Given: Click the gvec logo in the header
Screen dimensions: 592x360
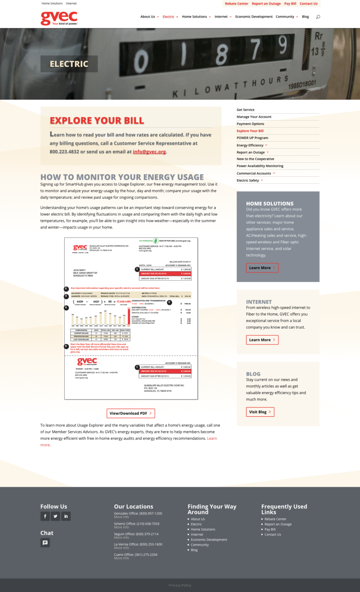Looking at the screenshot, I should [x=59, y=18].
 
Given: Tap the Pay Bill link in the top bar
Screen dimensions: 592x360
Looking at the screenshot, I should [x=290, y=4].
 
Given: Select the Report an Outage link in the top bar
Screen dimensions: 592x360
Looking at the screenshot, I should [x=266, y=4].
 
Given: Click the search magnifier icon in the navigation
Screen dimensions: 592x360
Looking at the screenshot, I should [x=318, y=17].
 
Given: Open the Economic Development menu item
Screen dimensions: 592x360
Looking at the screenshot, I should [x=254, y=17].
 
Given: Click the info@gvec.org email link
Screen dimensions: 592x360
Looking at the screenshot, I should [x=149, y=152].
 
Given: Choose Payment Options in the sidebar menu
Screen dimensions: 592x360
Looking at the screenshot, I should [x=250, y=124].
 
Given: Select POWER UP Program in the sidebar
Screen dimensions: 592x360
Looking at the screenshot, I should [x=252, y=138].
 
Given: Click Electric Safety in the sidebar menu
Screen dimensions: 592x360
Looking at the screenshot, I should [x=248, y=180].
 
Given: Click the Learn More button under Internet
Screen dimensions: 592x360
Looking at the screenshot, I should [x=262, y=340].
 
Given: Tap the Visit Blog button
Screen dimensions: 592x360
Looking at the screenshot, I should [x=260, y=412].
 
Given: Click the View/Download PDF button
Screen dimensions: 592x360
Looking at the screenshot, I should [x=131, y=413].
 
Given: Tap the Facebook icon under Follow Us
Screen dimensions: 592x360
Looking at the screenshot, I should [x=45, y=516].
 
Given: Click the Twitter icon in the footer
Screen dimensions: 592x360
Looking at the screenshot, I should [x=55, y=516].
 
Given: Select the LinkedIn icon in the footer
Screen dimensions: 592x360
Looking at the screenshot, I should [x=66, y=516].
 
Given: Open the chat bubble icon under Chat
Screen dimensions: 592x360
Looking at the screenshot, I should [x=45, y=543].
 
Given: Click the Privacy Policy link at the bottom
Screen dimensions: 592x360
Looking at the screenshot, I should [x=180, y=585].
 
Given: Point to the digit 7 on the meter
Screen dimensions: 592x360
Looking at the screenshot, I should [x=256, y=49].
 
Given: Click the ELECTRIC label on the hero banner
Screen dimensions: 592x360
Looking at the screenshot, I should [x=69, y=64].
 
